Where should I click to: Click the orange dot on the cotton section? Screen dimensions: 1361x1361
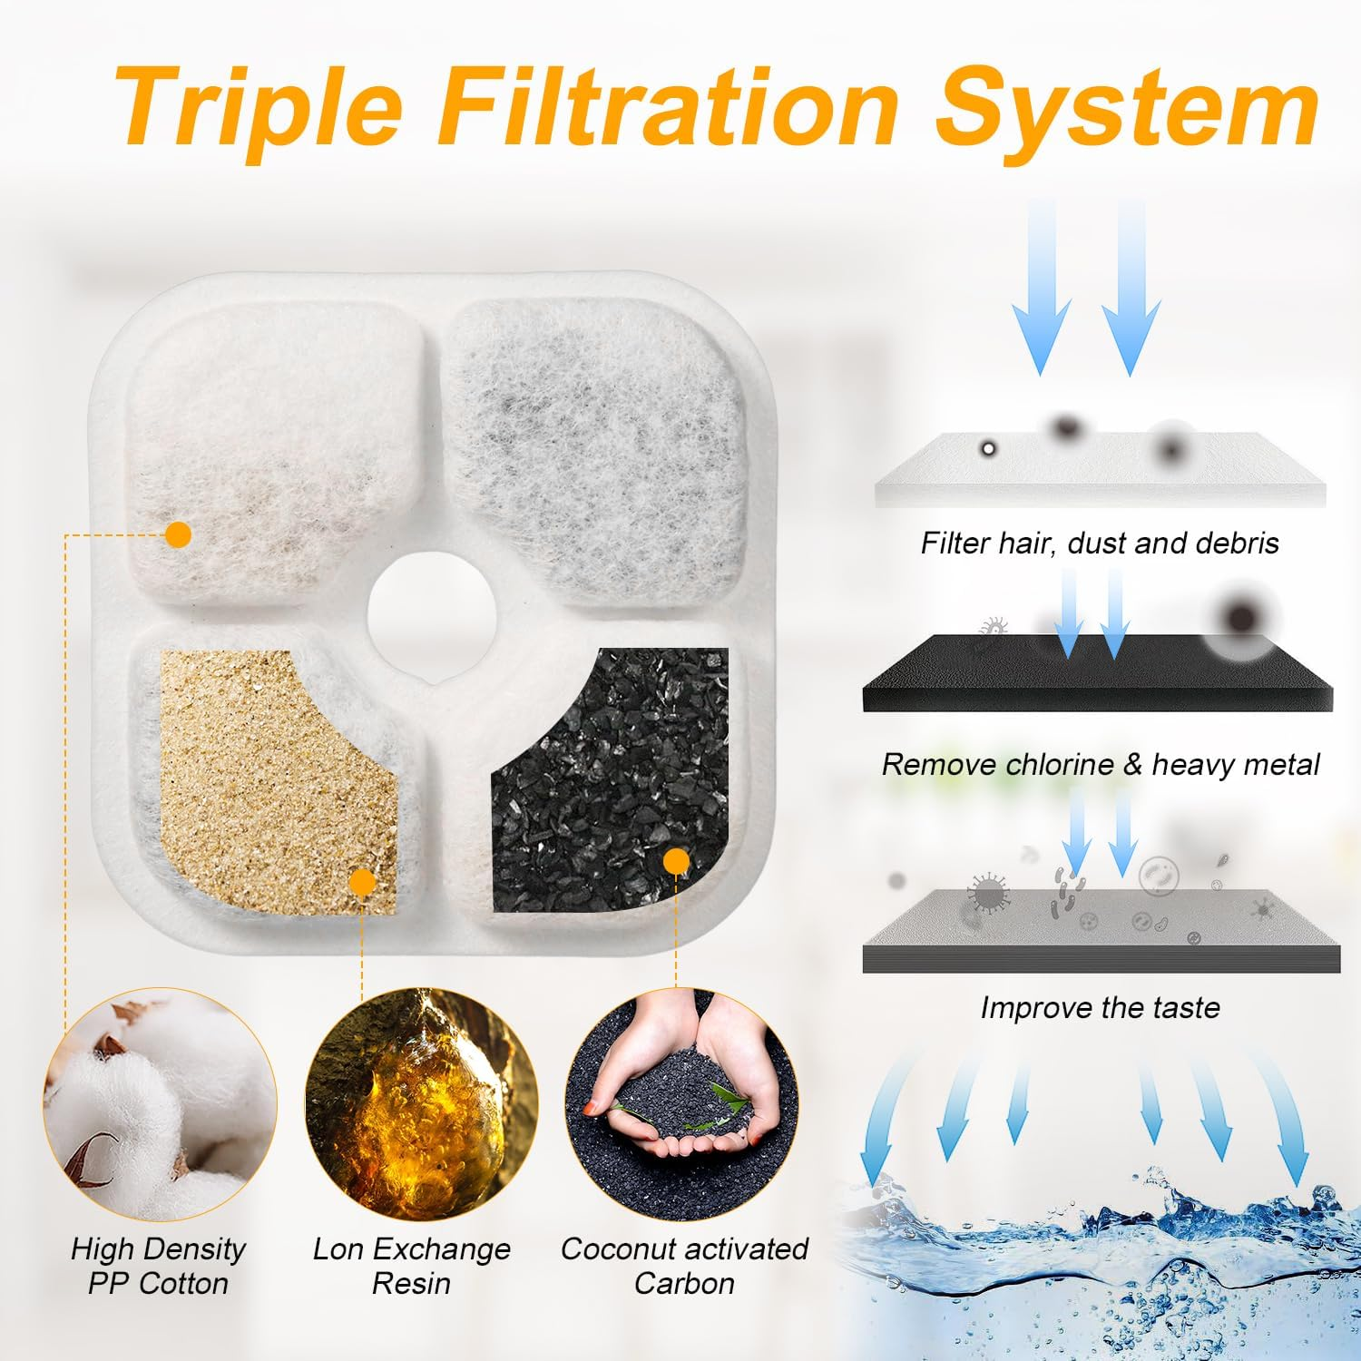(179, 534)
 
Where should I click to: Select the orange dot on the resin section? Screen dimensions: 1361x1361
(362, 881)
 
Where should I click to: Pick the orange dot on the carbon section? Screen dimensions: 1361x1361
(676, 861)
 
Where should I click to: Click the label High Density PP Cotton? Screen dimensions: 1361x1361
(159, 1266)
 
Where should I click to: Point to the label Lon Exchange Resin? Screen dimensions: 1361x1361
(412, 1266)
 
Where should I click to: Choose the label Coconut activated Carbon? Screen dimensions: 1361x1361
(684, 1266)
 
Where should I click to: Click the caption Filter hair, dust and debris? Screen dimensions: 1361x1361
(1100, 543)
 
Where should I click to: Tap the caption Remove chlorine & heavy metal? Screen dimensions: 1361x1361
(1100, 764)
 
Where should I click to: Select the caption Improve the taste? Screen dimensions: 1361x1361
(1100, 1007)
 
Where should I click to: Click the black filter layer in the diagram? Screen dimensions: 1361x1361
(1098, 676)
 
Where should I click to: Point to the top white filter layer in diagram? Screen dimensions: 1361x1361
(1100, 472)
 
